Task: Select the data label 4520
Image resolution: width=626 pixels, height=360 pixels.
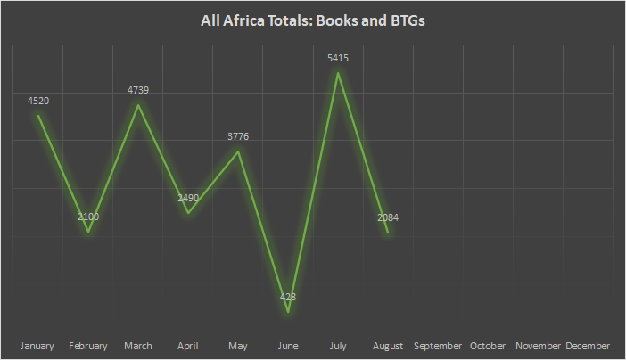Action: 38,101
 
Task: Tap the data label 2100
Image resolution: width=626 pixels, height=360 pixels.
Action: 88,217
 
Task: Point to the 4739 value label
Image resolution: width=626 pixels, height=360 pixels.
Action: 138,90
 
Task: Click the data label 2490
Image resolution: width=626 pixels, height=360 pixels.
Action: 188,198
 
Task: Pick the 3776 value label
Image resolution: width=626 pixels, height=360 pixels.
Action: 238,136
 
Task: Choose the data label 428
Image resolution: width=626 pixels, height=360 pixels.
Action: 288,297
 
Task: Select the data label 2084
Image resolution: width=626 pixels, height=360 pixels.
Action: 388,217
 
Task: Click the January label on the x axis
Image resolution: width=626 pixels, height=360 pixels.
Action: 38,346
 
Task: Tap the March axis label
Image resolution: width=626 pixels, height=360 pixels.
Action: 138,346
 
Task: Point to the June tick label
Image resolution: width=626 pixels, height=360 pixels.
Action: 288,346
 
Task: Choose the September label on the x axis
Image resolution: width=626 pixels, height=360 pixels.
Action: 438,346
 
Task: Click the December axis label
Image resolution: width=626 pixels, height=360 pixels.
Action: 588,346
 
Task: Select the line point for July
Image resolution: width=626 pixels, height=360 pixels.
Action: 338,73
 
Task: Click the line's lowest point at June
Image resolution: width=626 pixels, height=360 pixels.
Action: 288,311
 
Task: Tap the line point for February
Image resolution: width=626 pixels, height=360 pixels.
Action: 88,232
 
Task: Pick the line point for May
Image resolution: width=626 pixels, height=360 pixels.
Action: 238,151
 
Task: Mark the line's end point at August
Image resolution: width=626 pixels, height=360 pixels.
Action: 388,233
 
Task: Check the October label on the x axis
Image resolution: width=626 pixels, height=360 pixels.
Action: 488,346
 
